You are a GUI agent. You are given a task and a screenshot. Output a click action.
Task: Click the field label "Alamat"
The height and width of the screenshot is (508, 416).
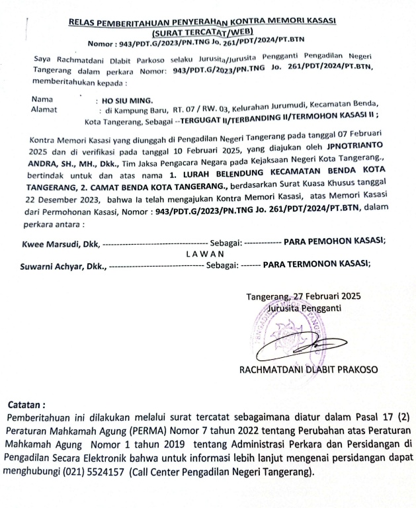[44, 110]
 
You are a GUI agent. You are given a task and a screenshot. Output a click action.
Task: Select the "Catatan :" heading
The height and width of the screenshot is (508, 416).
[26, 404]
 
